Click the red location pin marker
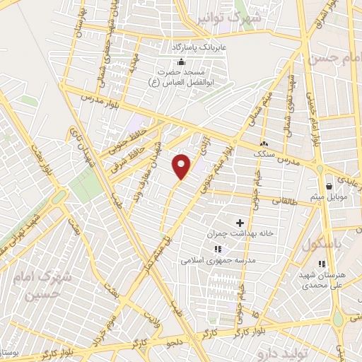pos(182,165)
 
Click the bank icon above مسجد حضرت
pos(182,62)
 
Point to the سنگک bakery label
pos(264,152)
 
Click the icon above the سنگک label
pos(264,142)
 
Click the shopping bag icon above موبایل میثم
pos(329,186)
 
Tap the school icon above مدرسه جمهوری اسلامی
pos(218,249)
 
